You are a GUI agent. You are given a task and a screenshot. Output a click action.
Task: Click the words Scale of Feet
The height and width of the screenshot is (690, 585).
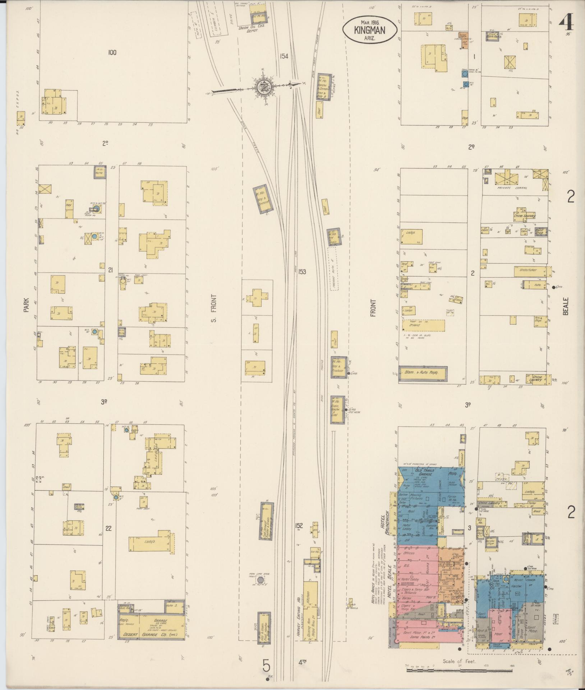pyautogui.click(x=460, y=661)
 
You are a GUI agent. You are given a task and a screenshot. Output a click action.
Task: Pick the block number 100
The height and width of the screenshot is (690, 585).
pyautogui.click(x=112, y=53)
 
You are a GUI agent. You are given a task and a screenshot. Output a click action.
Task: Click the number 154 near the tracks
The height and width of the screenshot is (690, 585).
pyautogui.click(x=284, y=56)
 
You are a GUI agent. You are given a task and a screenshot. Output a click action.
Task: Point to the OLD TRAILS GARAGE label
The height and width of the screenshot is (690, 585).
pyautogui.click(x=425, y=472)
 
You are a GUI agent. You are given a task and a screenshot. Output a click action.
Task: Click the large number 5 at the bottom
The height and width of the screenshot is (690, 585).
pyautogui.click(x=266, y=666)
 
